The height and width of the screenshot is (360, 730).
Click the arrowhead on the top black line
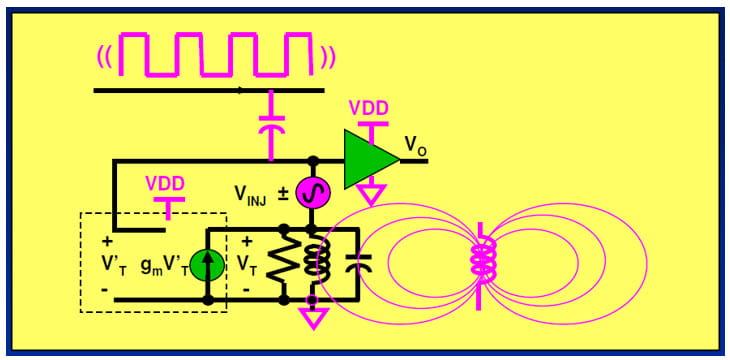pos(240,90)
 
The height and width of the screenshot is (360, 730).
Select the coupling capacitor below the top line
pos(270,128)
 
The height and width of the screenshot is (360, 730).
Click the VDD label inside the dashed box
pos(166,184)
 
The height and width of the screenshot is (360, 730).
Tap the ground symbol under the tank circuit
pos(313,319)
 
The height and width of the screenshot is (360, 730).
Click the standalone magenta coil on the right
pos(483,262)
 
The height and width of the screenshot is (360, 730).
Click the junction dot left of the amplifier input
pos(313,161)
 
